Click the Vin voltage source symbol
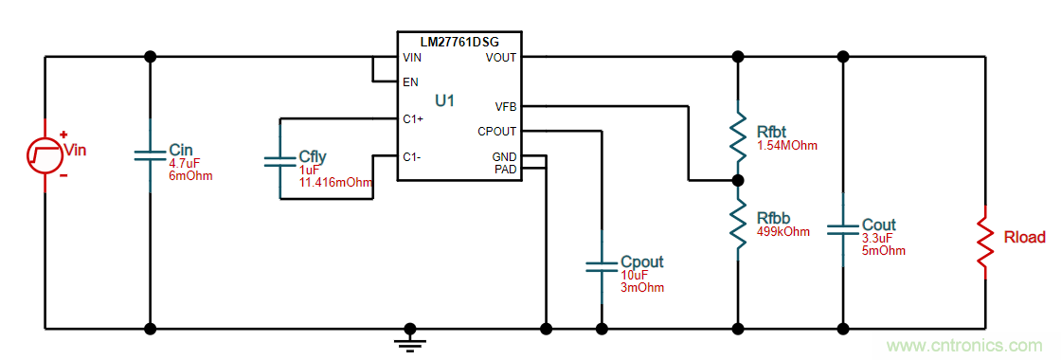tap(45, 154)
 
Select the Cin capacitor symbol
tap(151, 155)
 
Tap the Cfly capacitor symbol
tap(279, 161)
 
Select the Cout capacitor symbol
tap(842, 229)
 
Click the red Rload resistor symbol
tap(984, 243)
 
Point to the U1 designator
tap(444, 100)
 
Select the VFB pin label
tap(506, 106)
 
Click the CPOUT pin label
tap(496, 131)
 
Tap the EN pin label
tap(410, 81)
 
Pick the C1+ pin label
tap(413, 119)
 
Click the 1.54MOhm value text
tap(786, 146)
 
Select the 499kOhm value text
tap(783, 231)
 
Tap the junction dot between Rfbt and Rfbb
tap(738, 181)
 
